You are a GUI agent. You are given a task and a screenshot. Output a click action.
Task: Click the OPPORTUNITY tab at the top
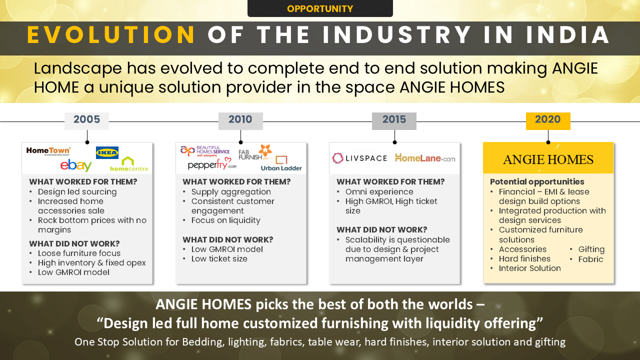(320, 8)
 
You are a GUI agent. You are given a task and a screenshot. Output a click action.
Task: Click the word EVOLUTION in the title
(111, 35)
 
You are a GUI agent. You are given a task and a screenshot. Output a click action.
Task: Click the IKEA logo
(107, 152)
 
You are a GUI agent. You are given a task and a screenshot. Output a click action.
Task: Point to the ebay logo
(76, 165)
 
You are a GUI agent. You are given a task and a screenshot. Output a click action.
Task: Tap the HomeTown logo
(48, 151)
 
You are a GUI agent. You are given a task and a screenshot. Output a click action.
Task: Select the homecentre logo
(129, 164)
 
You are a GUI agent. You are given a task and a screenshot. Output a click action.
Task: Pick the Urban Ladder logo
(281, 163)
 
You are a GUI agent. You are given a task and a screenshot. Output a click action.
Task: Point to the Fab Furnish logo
(255, 152)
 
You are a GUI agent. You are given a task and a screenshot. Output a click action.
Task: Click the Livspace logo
(359, 158)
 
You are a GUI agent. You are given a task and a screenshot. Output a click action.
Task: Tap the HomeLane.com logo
(425, 157)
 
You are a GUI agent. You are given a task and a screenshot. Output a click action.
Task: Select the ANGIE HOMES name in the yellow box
(548, 159)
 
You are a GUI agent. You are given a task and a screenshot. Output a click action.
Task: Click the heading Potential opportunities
(537, 181)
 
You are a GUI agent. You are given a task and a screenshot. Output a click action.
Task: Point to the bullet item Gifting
(591, 249)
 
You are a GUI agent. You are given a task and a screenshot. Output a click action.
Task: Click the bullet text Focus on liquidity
(225, 220)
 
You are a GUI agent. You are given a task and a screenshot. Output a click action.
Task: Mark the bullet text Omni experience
(379, 191)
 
